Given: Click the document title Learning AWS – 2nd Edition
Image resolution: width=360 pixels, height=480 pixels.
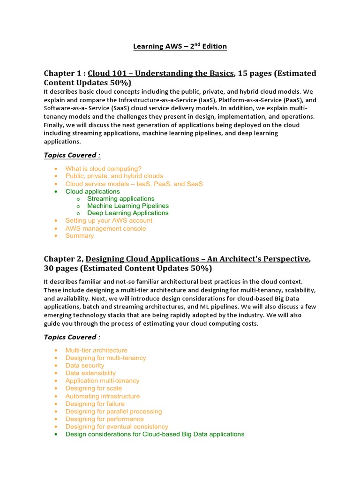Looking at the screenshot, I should pyautogui.click(x=180, y=46).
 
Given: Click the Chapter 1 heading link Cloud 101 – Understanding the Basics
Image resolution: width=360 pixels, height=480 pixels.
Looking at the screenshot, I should pyautogui.click(x=161, y=73).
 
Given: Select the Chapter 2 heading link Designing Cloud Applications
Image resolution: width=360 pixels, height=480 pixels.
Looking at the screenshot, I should pyautogui.click(x=197, y=259).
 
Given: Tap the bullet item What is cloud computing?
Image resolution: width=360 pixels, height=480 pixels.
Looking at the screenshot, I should pyautogui.click(x=103, y=169).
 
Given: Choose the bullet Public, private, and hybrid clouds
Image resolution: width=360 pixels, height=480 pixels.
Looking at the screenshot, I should pyautogui.click(x=114, y=176).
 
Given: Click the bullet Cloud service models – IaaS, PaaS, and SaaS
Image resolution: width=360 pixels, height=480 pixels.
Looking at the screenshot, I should pyautogui.click(x=134, y=184).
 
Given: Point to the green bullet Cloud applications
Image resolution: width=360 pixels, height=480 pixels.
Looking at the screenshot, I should pyautogui.click(x=92, y=191).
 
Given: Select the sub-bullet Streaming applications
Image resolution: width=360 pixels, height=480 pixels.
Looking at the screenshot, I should pyautogui.click(x=120, y=199).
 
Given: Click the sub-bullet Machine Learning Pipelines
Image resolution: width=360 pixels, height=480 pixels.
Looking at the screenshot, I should pyautogui.click(x=128, y=206).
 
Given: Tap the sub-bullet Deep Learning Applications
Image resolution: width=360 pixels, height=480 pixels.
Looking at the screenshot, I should pyautogui.click(x=127, y=213).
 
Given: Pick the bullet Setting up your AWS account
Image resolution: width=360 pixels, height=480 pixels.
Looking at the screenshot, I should pyautogui.click(x=109, y=220).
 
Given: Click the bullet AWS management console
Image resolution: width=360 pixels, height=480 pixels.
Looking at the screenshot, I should pyautogui.click(x=105, y=228).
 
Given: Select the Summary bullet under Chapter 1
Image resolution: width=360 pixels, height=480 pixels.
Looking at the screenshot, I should pyautogui.click(x=79, y=236).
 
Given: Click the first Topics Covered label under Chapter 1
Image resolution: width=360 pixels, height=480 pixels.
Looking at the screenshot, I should pyautogui.click(x=72, y=155).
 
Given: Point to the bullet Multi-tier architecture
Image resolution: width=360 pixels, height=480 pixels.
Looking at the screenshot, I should pyautogui.click(x=96, y=350).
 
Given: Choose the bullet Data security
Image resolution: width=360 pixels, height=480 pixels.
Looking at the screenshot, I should pyautogui.click(x=85, y=366).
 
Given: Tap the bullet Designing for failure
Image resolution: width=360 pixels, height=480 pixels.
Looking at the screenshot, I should pyautogui.click(x=95, y=404).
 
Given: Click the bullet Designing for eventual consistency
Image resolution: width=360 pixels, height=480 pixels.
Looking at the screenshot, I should pyautogui.click(x=117, y=427).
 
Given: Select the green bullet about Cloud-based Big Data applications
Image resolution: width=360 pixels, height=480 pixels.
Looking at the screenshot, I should pyautogui.click(x=155, y=434).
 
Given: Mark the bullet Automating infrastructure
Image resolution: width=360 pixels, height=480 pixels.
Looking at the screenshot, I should pyautogui.click(x=102, y=396).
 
